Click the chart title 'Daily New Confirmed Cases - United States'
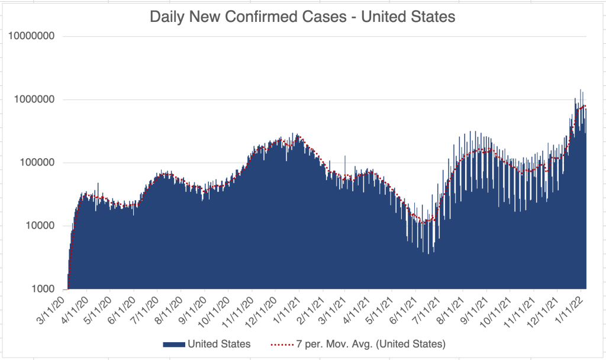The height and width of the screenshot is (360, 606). tap(302, 17)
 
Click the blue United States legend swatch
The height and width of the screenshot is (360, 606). tap(174, 344)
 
